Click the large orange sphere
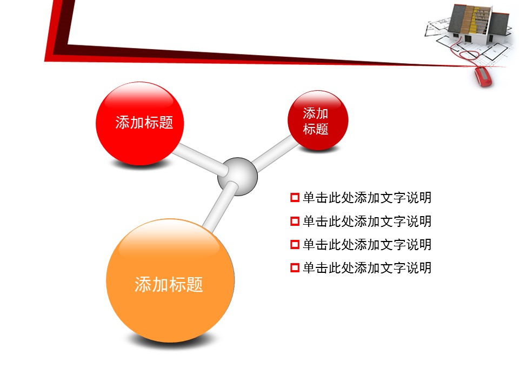pyautogui.click(x=170, y=280)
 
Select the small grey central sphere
pyautogui.click(x=237, y=176)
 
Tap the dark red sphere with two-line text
pyautogui.click(x=318, y=120)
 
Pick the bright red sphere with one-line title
pyautogui.click(x=139, y=123)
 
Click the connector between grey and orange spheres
pyautogui.click(x=220, y=207)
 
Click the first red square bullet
pyautogui.click(x=295, y=198)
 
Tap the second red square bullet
pyautogui.click(x=295, y=221)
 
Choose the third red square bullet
pyautogui.click(x=295, y=244)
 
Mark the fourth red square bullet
pyautogui.click(x=295, y=267)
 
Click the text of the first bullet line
pyautogui.click(x=367, y=198)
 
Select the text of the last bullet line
pyautogui.click(x=367, y=267)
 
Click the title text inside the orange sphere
pyautogui.click(x=169, y=285)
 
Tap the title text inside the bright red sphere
pyautogui.click(x=144, y=123)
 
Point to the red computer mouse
pyautogui.click(x=483, y=77)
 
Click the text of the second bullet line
pyautogui.click(x=367, y=221)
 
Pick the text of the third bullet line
pyautogui.click(x=367, y=244)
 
